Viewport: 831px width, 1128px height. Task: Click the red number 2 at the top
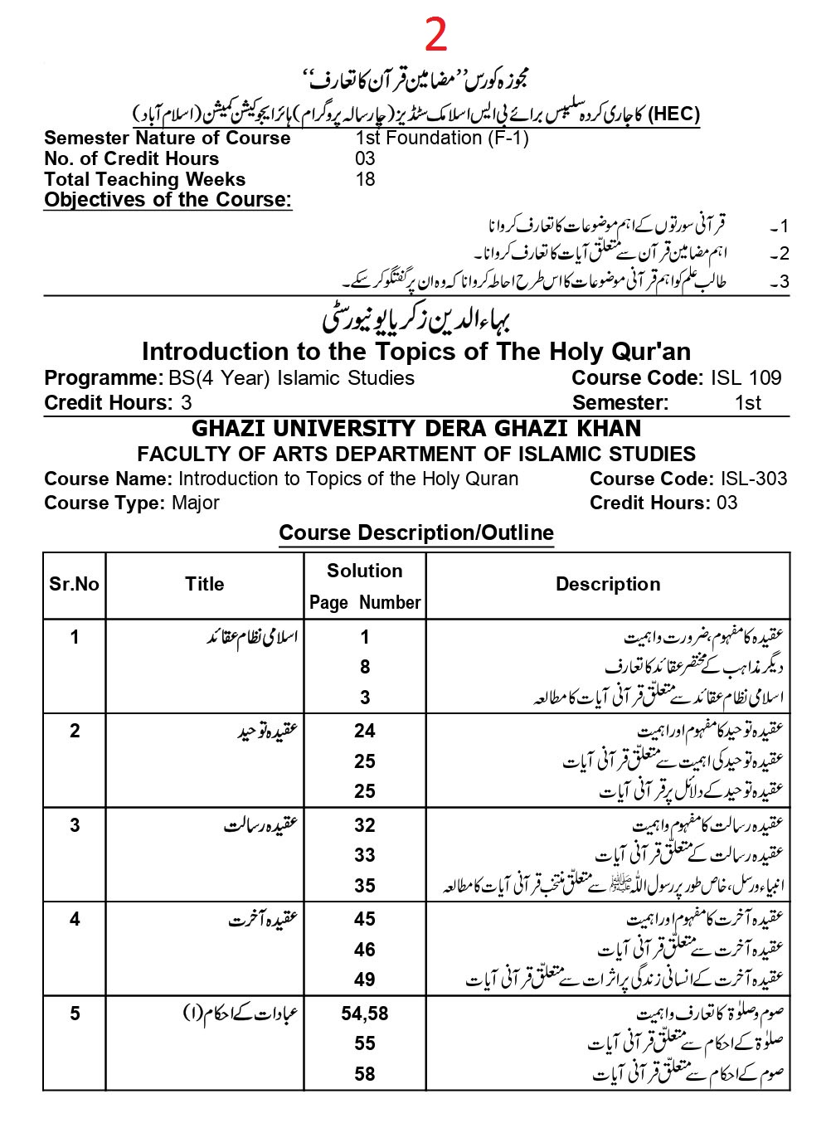click(435, 35)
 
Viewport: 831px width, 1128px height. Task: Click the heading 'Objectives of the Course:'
click(168, 200)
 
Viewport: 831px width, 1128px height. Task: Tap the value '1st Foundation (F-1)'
click(441, 138)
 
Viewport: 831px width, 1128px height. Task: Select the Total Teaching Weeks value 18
click(365, 179)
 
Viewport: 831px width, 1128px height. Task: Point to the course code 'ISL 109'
click(746, 378)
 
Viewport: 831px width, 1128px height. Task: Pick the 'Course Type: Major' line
click(131, 503)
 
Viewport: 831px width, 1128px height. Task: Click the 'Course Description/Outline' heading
click(416, 533)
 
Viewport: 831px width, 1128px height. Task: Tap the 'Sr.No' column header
click(74, 584)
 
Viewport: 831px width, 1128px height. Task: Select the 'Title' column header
click(204, 584)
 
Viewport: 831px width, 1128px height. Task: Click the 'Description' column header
click(608, 585)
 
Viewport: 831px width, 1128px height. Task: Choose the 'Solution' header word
click(365, 571)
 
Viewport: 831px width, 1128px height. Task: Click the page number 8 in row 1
click(365, 667)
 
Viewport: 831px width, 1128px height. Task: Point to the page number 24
click(365, 731)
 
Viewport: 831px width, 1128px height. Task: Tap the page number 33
click(365, 855)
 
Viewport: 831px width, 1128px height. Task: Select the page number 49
click(365, 980)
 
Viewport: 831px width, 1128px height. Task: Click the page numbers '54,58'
click(365, 1014)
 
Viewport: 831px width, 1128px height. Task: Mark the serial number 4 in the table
click(75, 919)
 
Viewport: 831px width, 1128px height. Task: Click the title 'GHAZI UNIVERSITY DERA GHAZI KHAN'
click(416, 429)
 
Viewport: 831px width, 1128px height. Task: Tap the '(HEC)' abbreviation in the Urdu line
click(673, 114)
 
